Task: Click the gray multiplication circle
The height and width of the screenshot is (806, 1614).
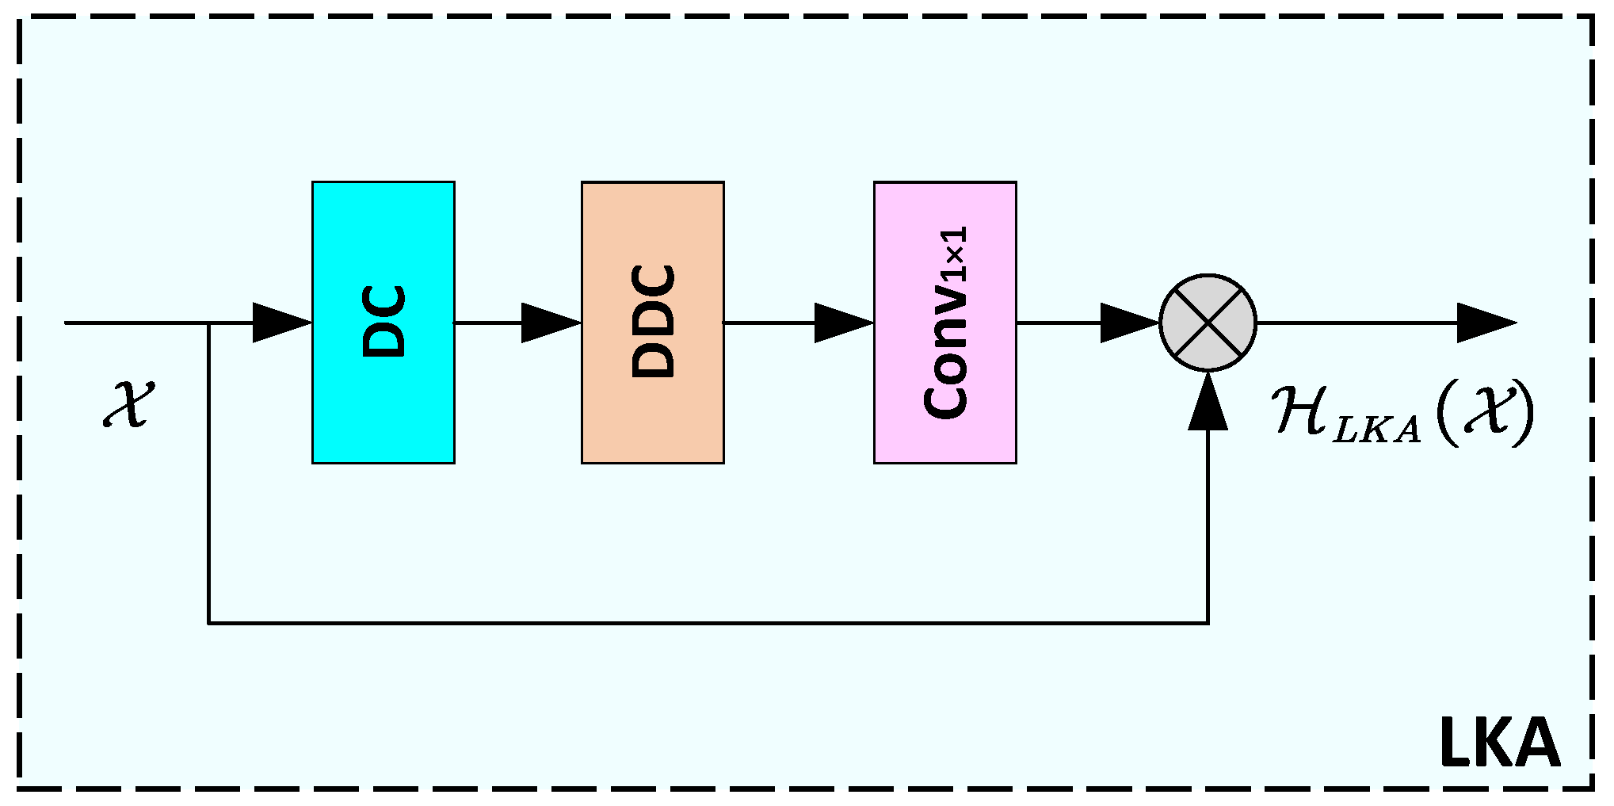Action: click(1208, 323)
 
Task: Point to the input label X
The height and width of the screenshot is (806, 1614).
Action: click(128, 404)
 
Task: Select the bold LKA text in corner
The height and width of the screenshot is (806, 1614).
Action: click(1499, 743)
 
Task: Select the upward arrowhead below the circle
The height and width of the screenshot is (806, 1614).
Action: click(1208, 403)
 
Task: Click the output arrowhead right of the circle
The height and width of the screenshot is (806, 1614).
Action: click(1486, 323)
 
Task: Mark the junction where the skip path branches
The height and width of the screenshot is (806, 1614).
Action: click(208, 323)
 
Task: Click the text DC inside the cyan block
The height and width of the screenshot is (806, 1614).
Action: click(383, 321)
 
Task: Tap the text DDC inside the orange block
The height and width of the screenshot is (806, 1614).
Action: click(653, 321)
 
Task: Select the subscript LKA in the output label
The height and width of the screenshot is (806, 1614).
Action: click(1376, 430)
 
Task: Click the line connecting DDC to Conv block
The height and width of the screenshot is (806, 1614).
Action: click(769, 323)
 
